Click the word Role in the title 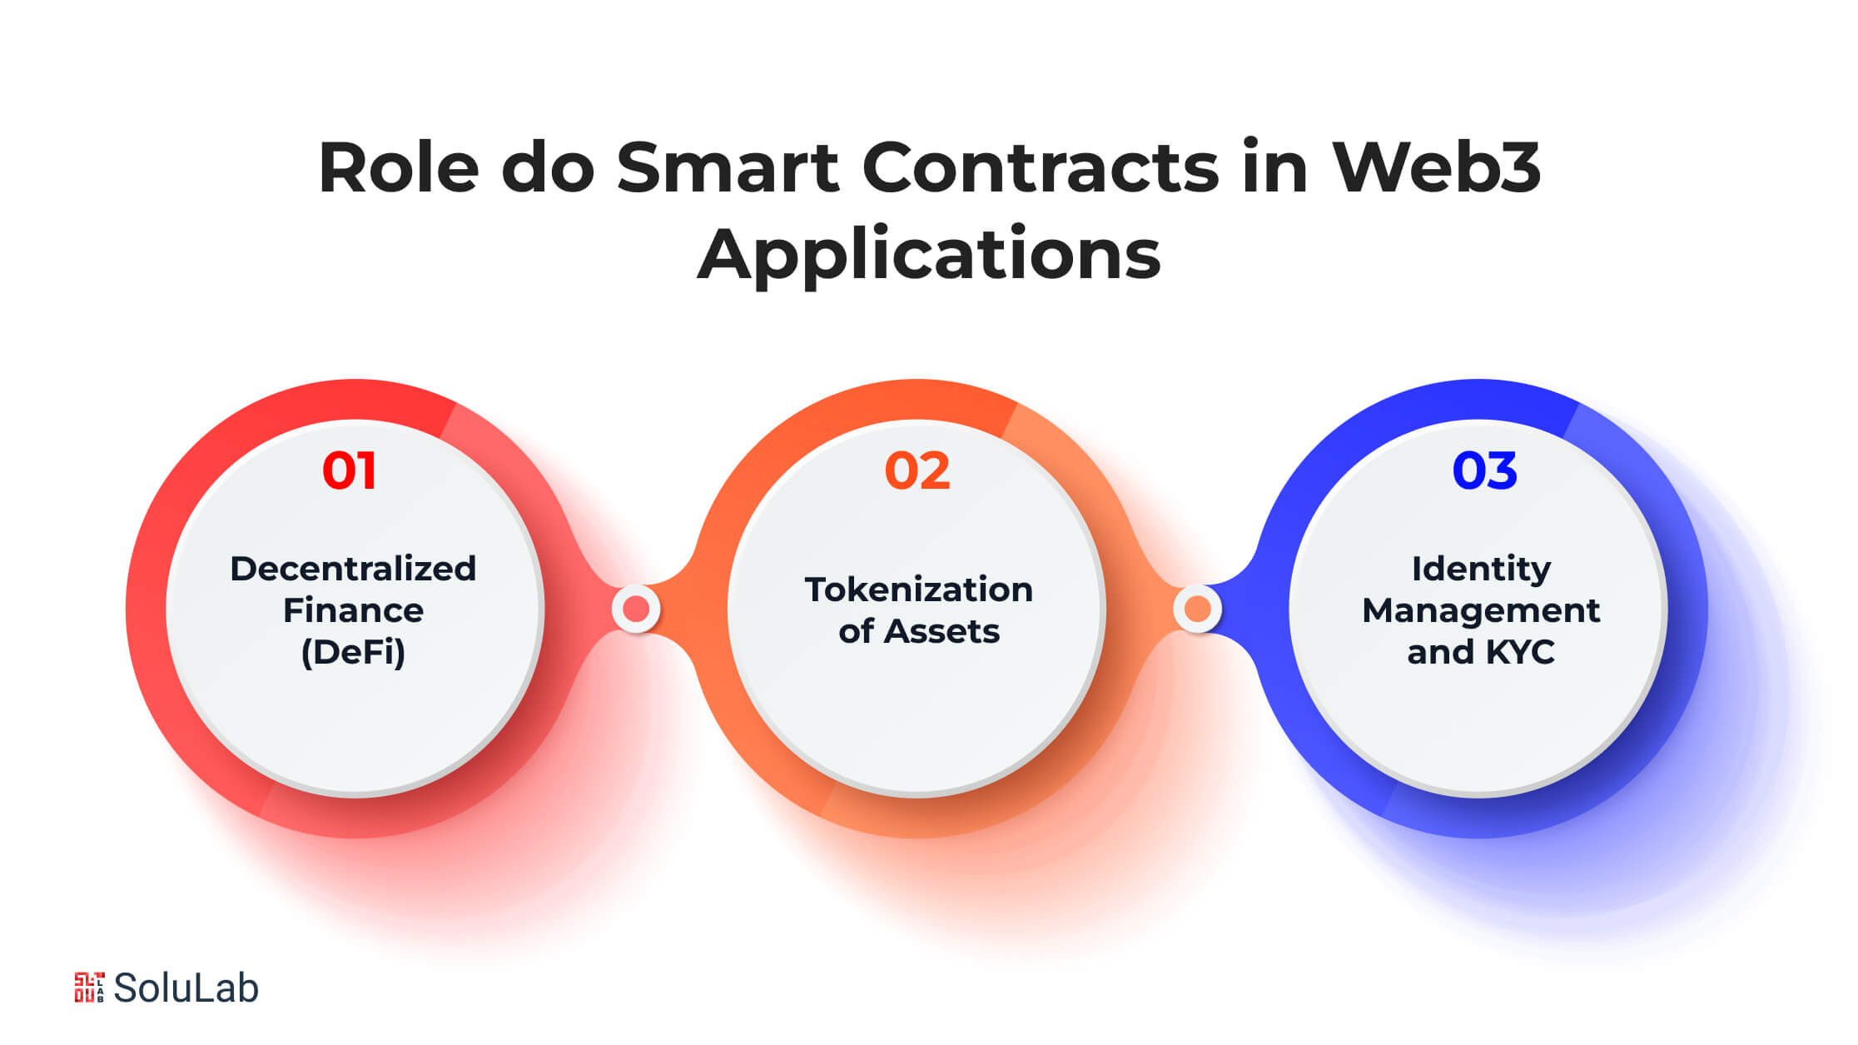[399, 168]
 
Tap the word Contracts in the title [1041, 168]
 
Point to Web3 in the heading [1436, 168]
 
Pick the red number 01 [350, 470]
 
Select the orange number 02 [917, 470]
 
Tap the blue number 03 [1484, 470]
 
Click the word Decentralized [353, 569]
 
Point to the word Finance [353, 610]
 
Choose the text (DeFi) [353, 652]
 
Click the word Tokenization [919, 590]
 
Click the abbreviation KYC [1519, 652]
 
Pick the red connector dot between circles [636, 610]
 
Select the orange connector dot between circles [1197, 610]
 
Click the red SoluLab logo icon [89, 988]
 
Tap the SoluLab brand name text [186, 988]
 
